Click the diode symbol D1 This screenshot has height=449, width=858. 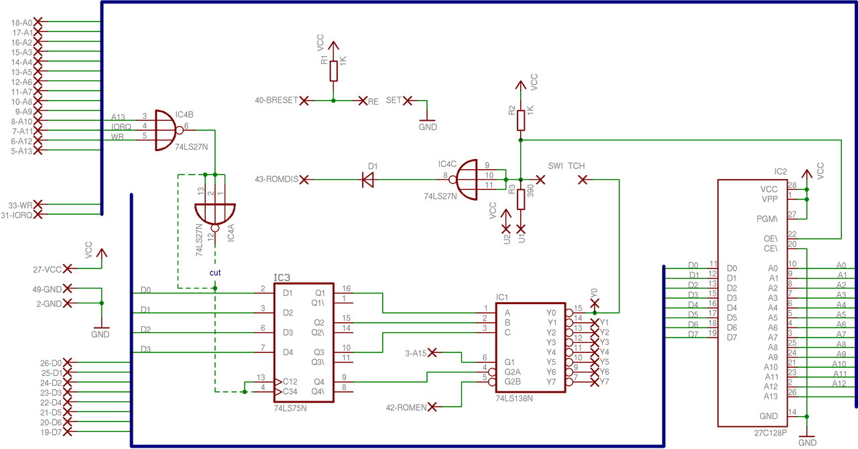click(x=368, y=179)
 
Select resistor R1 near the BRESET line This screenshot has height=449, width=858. click(x=334, y=71)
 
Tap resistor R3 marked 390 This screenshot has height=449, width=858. click(x=521, y=199)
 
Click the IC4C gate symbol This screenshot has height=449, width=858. click(x=465, y=179)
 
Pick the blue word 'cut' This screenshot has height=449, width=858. click(x=215, y=272)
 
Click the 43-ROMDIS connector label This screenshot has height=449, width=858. click(x=276, y=179)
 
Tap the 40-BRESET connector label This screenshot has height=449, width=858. click(x=276, y=101)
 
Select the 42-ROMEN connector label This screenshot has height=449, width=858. click(x=406, y=407)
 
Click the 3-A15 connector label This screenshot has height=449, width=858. click(x=416, y=353)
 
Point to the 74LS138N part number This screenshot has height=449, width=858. click(x=514, y=399)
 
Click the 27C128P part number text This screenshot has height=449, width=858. click(x=771, y=433)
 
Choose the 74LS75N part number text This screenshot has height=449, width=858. click(x=290, y=408)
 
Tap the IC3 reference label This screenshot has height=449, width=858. click(x=282, y=278)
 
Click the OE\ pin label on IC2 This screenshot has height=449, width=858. click(x=771, y=239)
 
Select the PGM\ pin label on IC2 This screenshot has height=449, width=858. click(x=768, y=219)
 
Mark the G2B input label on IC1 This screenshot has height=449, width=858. click(x=513, y=381)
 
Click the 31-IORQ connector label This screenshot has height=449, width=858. click(x=17, y=215)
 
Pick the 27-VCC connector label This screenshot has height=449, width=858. click(x=47, y=270)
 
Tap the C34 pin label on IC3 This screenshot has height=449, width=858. click(x=290, y=391)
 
